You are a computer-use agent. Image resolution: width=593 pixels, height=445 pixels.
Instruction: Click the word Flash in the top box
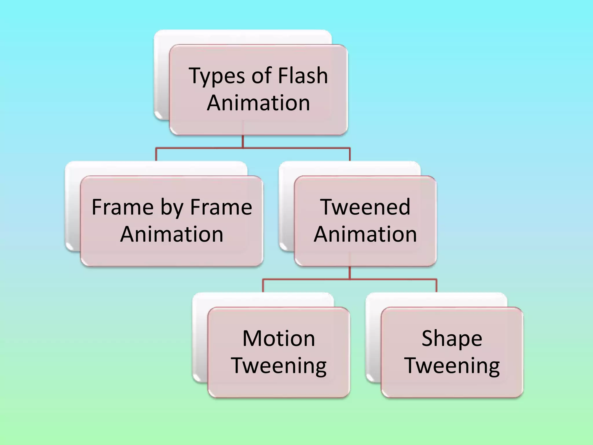click(303, 75)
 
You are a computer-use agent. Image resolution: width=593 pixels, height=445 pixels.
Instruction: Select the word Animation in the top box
click(258, 103)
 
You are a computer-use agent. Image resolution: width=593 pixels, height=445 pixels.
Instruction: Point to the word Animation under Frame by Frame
click(172, 234)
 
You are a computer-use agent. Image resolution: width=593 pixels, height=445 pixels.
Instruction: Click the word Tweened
click(365, 207)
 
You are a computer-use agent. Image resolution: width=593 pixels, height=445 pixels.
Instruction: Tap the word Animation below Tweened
click(365, 234)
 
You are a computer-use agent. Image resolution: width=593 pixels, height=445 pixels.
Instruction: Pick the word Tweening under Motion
click(279, 366)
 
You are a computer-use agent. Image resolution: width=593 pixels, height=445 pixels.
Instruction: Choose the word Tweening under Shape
click(452, 366)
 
